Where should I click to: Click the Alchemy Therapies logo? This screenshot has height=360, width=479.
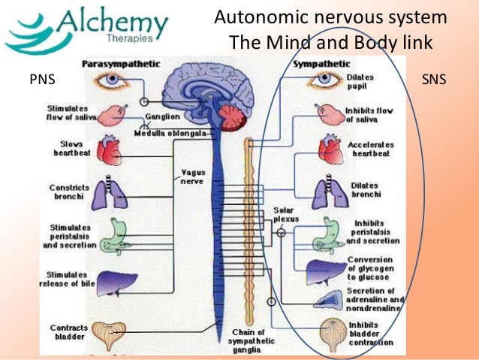87,30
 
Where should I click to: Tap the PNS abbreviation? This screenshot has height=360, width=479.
42,80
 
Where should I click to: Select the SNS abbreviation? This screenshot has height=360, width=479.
434,80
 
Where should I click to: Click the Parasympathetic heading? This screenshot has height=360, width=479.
121,64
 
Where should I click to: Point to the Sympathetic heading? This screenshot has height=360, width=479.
321,64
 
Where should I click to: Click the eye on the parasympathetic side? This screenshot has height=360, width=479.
112,80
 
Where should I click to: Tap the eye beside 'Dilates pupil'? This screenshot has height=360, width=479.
324,80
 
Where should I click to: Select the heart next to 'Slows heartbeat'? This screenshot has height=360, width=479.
110,150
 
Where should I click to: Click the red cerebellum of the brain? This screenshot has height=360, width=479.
233,118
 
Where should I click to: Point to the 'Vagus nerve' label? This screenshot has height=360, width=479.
192,177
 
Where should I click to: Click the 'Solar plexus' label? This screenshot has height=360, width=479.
285,214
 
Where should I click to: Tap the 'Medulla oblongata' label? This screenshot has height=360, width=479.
170,133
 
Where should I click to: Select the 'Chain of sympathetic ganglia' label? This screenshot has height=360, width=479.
251,341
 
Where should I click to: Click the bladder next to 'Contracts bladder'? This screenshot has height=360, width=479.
109,335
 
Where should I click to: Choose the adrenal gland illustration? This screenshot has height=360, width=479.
328,300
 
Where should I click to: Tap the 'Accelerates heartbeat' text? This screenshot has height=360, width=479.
371,149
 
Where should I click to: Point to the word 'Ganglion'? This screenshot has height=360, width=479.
162,116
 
